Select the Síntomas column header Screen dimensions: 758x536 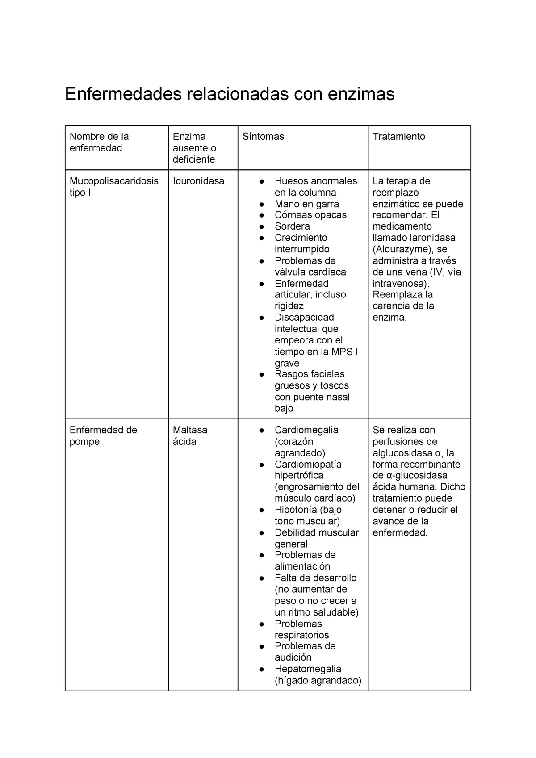tap(263, 137)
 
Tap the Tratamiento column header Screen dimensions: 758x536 tap(399, 137)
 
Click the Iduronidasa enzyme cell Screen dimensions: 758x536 tap(198, 181)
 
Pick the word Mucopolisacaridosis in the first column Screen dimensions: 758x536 tap(114, 181)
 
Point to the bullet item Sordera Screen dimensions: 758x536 tap(292, 226)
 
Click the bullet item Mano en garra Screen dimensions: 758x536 tap(306, 204)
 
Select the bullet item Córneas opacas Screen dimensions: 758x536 tap(310, 215)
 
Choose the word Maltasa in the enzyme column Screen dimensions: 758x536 tap(190, 430)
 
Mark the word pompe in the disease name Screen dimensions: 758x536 tap(84, 442)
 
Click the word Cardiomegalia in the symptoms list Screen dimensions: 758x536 tap(306, 430)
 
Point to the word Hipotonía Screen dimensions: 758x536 tap(295, 510)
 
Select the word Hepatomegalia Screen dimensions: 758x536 tap(308, 669)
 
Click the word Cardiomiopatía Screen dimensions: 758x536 tap(308, 465)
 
